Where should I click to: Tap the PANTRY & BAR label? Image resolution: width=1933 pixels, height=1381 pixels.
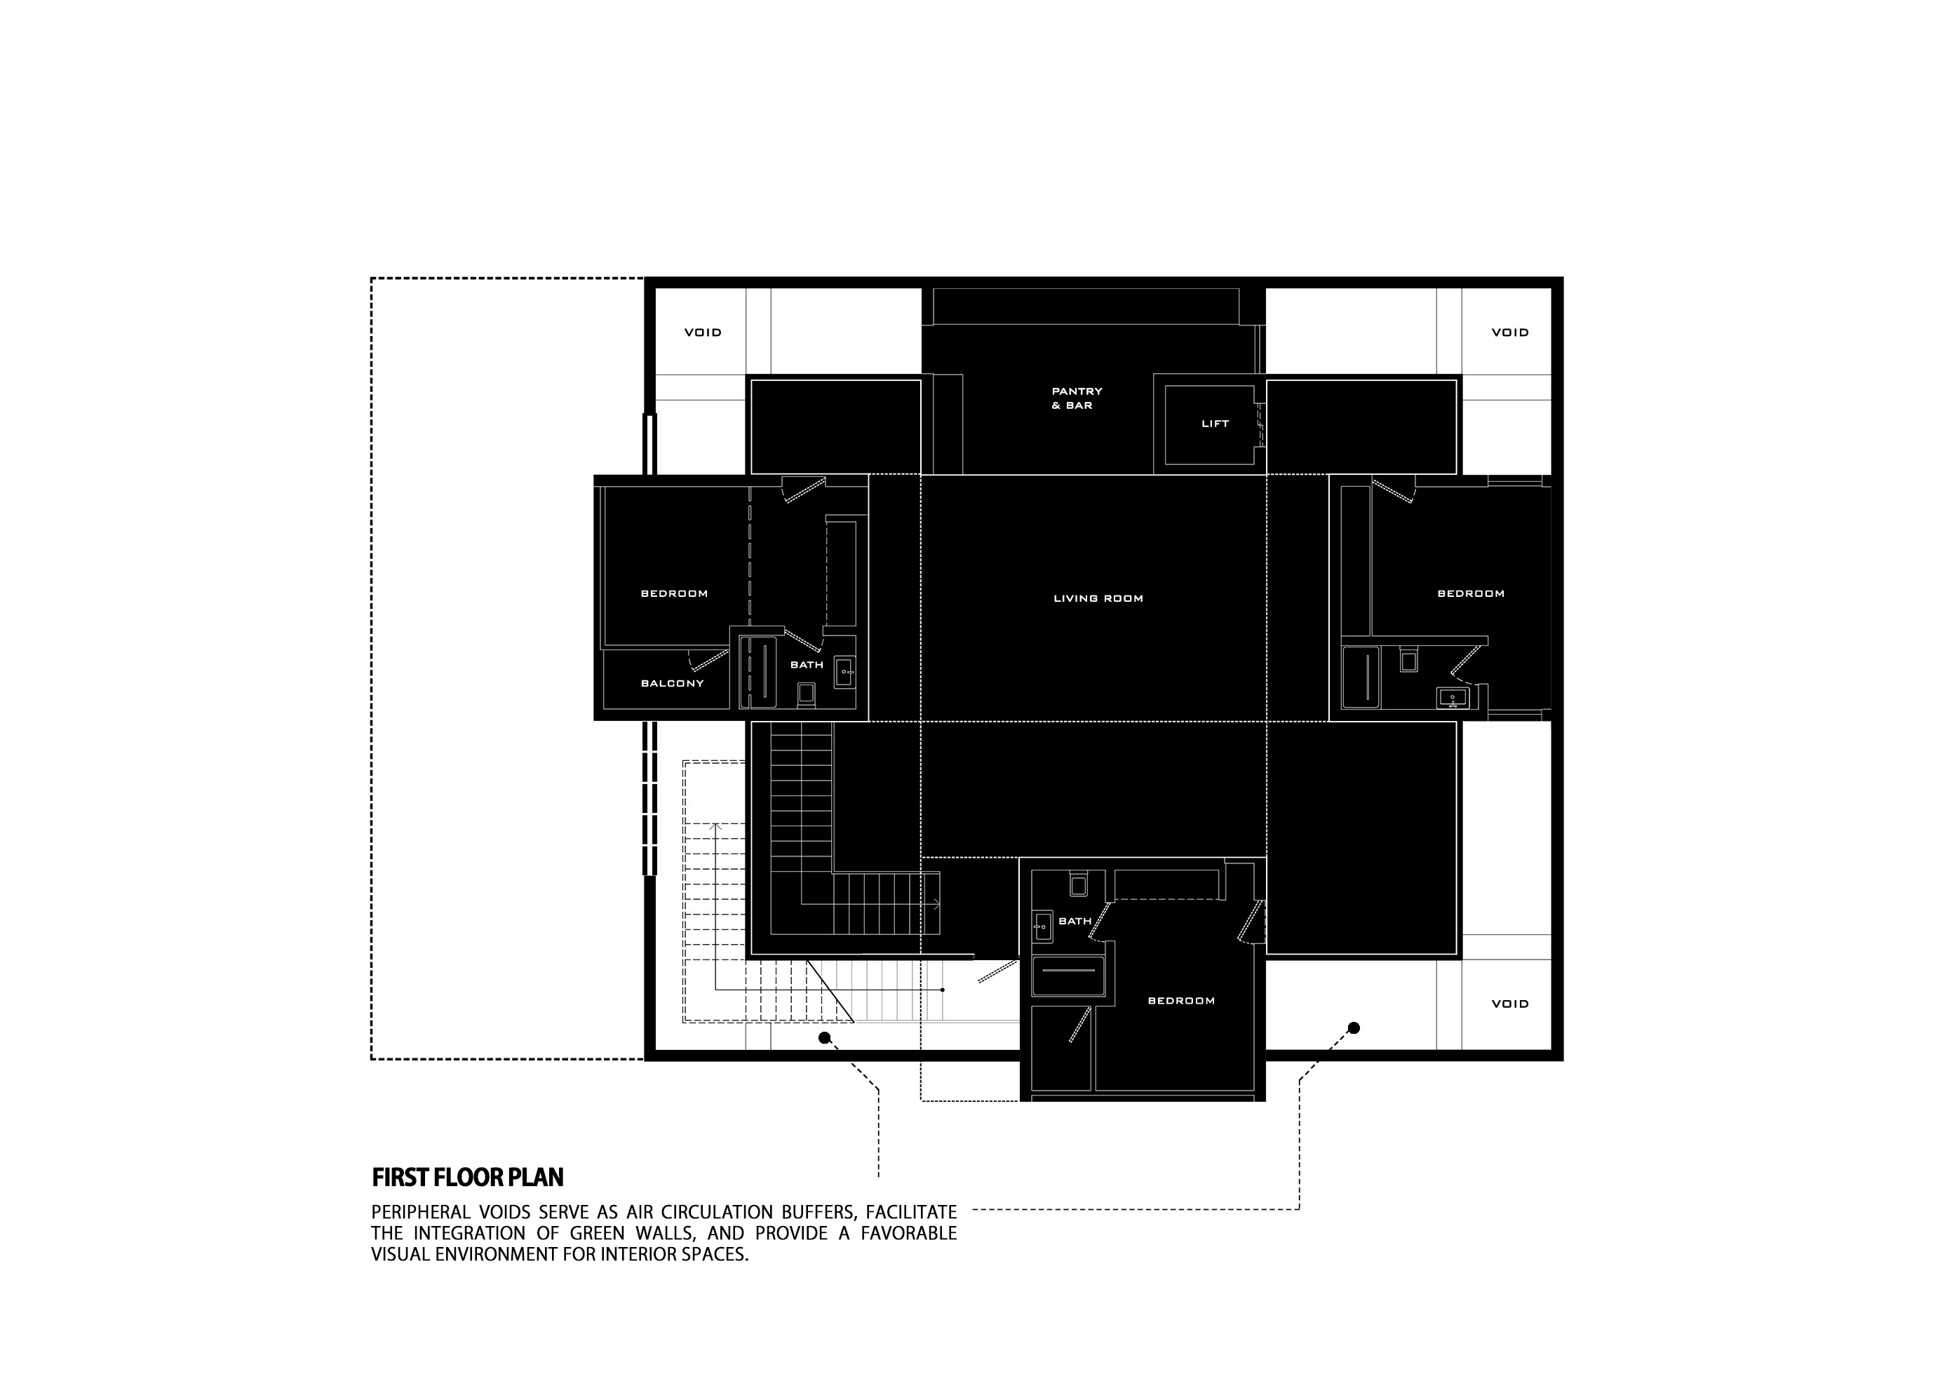pos(1077,398)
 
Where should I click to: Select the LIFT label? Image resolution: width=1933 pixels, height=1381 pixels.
pos(1214,424)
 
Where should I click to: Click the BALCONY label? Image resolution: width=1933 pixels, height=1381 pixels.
pos(672,683)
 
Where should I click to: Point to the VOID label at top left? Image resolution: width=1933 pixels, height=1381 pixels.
pos(703,332)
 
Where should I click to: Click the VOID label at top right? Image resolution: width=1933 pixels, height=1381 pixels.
pos(1509,332)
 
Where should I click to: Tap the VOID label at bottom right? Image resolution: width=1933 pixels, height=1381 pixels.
pos(1509,1004)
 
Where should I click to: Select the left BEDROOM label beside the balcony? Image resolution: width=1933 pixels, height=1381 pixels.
pos(673,593)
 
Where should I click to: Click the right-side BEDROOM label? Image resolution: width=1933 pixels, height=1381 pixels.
pos(1470,593)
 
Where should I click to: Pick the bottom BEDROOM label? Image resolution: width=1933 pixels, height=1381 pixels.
pos(1181,1001)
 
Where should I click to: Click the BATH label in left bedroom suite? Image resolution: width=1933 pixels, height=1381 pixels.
pos(806,664)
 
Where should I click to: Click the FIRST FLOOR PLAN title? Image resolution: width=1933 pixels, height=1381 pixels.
pos(468,1178)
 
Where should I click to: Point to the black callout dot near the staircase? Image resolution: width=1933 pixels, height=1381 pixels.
pos(823,1037)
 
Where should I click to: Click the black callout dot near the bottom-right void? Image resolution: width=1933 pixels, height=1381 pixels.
pos(1354,1028)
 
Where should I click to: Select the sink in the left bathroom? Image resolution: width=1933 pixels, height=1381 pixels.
pos(844,672)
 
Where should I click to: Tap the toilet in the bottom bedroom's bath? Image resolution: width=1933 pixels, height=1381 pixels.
pos(1078,885)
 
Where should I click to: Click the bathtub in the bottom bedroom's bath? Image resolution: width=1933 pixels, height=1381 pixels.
pos(1068,976)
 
